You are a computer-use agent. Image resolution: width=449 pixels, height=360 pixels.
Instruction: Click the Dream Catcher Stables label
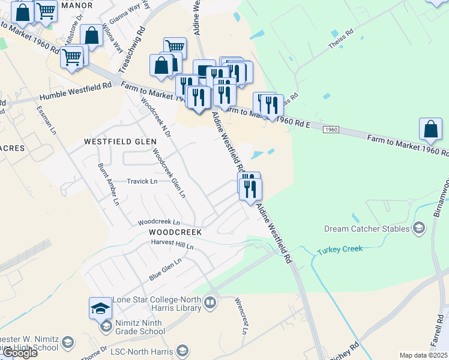(x=367, y=229)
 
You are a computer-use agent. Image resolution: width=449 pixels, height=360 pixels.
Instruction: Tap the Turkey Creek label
(x=340, y=249)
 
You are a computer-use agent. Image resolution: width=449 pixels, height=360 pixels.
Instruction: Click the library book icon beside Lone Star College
(x=209, y=303)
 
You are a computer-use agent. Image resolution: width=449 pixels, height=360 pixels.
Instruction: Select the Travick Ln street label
(x=142, y=181)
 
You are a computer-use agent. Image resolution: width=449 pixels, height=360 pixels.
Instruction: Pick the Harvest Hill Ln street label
(x=173, y=245)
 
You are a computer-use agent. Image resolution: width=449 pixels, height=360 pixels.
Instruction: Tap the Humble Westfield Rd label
(x=76, y=92)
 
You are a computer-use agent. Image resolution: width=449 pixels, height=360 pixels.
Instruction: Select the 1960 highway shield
(x=331, y=130)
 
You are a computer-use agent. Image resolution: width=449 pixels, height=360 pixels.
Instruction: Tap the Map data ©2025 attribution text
(x=424, y=355)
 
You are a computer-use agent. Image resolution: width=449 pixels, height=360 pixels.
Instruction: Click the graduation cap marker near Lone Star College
(x=100, y=308)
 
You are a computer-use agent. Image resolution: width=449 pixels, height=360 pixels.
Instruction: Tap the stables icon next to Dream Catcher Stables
(x=419, y=228)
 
